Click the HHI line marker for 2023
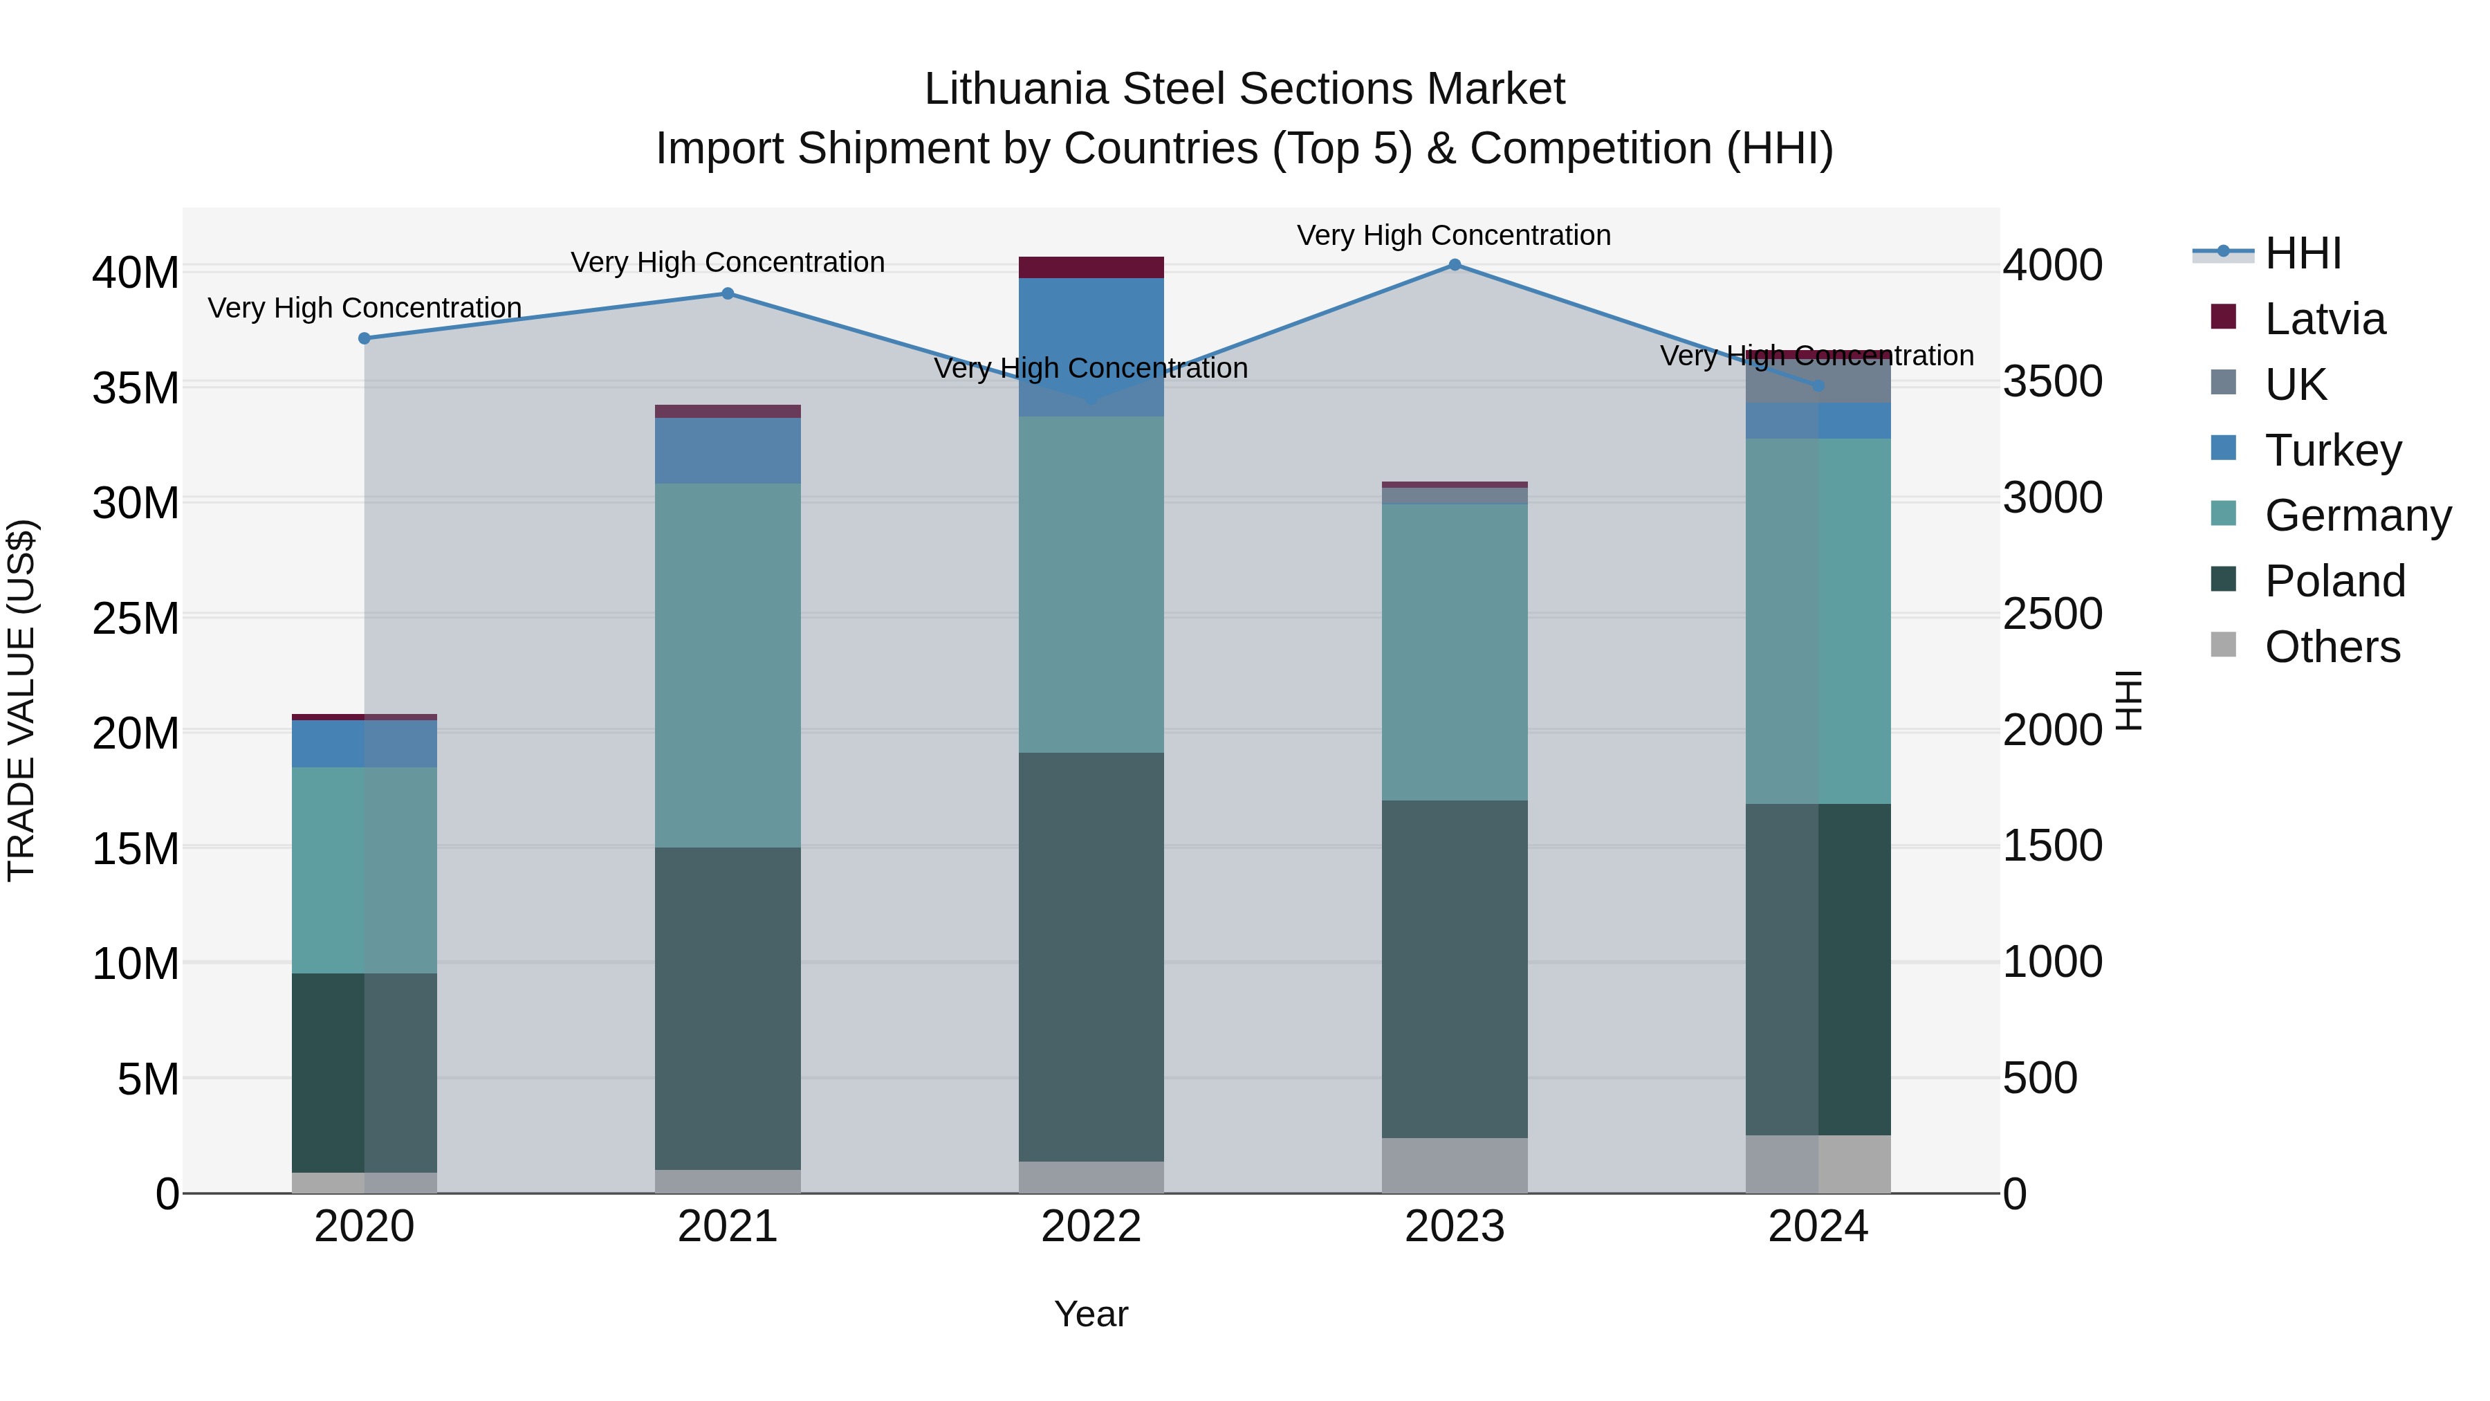(1455, 264)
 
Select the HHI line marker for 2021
(728, 293)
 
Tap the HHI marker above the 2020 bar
(365, 338)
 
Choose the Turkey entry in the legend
(2332, 450)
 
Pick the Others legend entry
(2332, 647)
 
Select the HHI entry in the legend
(2303, 253)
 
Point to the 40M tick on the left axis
(136, 273)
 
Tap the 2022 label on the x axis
(1091, 1227)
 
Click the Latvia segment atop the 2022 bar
(1091, 268)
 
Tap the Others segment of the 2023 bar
(1455, 1165)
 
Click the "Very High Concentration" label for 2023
(1454, 235)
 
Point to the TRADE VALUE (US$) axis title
(22, 700)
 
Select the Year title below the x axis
(1091, 1314)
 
